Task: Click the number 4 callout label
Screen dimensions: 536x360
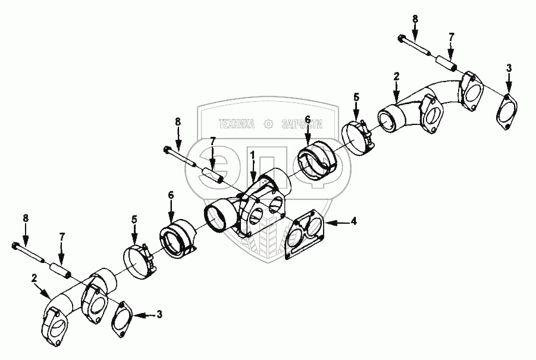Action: click(354, 221)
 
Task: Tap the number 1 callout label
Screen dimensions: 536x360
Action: click(252, 155)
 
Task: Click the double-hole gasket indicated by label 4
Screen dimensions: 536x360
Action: click(304, 233)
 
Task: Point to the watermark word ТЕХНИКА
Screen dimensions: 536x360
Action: click(237, 124)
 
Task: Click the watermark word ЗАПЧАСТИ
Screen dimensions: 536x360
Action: click(302, 124)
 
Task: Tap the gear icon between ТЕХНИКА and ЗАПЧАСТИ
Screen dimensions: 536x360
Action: click(269, 124)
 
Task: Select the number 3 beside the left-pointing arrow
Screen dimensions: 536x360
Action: click(159, 314)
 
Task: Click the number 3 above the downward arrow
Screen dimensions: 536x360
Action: click(509, 68)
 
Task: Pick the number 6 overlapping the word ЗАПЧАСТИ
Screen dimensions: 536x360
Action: click(307, 120)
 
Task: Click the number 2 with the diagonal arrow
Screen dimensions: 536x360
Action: click(34, 278)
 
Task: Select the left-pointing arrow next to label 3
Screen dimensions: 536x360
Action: click(144, 314)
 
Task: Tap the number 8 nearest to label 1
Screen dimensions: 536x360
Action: click(178, 122)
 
